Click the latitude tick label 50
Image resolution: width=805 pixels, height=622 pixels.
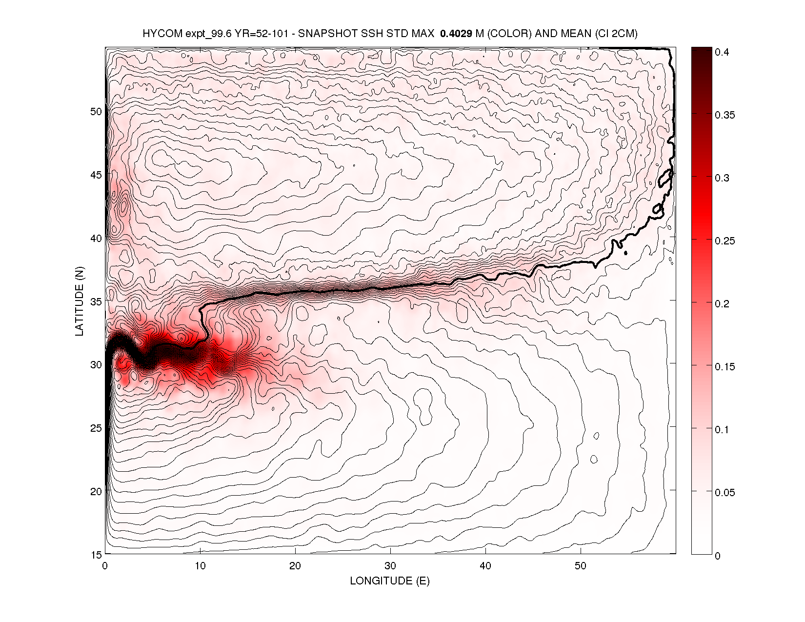click(96, 111)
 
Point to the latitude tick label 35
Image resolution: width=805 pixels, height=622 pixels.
click(96, 301)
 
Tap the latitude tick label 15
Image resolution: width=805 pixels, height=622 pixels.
click(96, 555)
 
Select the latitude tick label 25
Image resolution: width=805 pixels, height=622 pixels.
click(96, 428)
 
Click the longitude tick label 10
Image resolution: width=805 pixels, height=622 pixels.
click(200, 566)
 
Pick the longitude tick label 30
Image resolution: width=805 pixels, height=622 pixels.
click(390, 566)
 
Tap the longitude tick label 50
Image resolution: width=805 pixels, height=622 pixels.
click(581, 566)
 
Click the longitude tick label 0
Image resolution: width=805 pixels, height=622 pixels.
click(105, 566)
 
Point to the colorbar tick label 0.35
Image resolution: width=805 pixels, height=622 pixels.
click(724, 115)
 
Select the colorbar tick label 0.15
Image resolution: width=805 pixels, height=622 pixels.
click(724, 367)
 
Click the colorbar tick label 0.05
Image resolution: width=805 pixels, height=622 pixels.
click(724, 493)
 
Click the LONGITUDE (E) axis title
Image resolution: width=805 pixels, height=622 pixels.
click(390, 581)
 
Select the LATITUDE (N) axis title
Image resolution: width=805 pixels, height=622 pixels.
click(80, 301)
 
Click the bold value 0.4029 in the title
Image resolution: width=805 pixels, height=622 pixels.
click(456, 34)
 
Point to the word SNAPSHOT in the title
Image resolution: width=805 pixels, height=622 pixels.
click(323, 34)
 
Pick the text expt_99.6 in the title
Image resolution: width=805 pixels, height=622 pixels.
click(201, 34)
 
